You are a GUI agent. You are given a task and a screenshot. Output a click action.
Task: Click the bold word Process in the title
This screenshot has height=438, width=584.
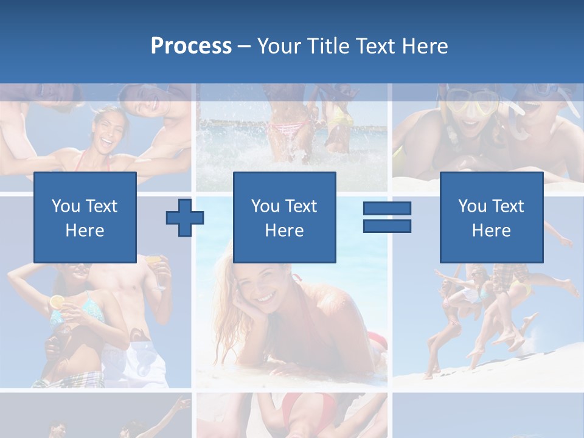pos(191,46)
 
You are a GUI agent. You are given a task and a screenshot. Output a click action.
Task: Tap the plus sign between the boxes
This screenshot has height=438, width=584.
pos(185,217)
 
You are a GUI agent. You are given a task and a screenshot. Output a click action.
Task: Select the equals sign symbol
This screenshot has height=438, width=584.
pos(387,217)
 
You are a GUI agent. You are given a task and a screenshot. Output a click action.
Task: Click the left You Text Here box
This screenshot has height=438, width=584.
pos(85,217)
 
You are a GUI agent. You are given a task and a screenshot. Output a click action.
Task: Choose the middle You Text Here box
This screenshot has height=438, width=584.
pos(284,217)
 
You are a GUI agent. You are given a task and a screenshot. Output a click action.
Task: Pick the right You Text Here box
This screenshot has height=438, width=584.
pos(491,217)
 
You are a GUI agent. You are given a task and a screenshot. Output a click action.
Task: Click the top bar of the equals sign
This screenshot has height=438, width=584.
pos(387,209)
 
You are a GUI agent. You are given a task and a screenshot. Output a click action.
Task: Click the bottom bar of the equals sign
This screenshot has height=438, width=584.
pos(387,226)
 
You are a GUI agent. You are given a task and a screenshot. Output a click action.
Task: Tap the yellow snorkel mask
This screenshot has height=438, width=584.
pos(472,103)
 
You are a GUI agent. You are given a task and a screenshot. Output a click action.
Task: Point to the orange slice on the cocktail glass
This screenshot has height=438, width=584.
pos(57,302)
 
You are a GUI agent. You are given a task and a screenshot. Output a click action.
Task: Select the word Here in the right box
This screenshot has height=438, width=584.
pos(491,230)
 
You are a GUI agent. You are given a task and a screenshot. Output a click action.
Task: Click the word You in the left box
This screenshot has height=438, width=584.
pos(64,206)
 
